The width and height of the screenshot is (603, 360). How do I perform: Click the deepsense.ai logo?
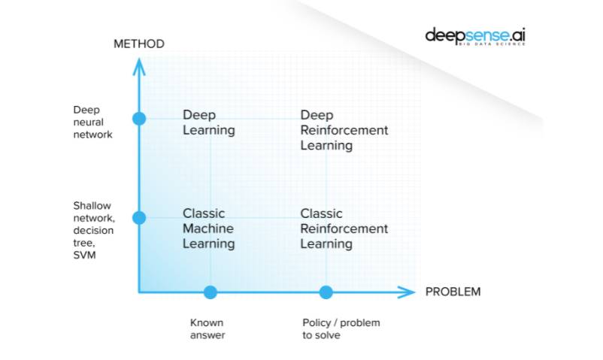pos(475,35)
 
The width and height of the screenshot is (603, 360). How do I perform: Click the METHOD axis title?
pos(138,44)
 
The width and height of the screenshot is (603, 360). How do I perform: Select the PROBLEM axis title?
pos(453,292)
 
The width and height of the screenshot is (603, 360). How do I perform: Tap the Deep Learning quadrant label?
pos(209,123)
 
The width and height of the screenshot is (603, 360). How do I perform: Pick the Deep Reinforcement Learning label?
pos(344,130)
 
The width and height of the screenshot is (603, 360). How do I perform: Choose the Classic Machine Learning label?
pos(209,228)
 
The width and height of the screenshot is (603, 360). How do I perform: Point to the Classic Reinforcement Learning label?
pos(344,228)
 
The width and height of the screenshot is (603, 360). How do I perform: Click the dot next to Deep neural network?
pos(138,118)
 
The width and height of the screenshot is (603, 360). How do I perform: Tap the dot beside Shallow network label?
pos(138,217)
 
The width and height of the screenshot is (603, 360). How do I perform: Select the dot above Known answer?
pos(211,292)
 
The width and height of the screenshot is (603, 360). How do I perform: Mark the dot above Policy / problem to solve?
pos(326,292)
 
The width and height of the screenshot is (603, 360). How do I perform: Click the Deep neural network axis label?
pos(92,122)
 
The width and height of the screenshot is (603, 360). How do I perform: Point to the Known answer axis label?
pos(208,328)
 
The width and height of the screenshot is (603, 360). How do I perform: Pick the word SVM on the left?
pos(83,255)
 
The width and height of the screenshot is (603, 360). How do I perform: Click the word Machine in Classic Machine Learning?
pos(208,228)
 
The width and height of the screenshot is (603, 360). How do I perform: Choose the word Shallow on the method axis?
pos(92,205)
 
